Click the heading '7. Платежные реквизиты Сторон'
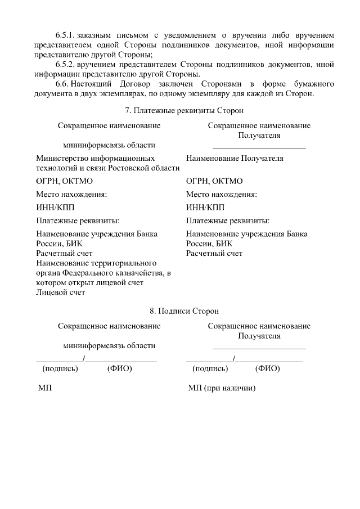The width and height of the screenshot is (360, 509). [179, 111]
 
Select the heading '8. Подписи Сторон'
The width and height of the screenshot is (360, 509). [179, 310]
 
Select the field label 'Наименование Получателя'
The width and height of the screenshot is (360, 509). [235, 158]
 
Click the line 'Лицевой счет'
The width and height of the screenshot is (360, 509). [60, 292]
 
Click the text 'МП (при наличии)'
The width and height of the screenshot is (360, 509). [222, 388]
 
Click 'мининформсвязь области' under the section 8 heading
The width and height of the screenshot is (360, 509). [109, 345]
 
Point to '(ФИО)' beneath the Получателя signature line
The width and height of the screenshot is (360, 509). [267, 369]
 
